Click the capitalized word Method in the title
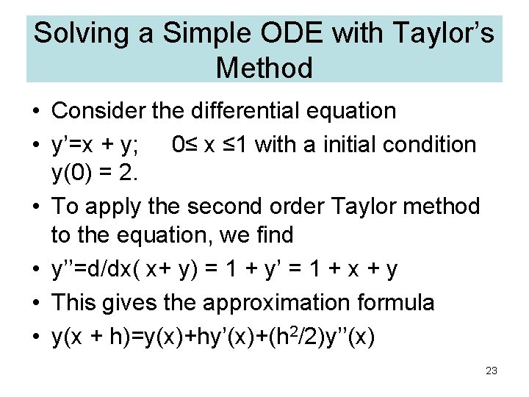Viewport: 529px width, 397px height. click(264, 68)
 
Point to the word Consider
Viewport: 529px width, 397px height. click(98, 111)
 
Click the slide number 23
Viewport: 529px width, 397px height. click(492, 371)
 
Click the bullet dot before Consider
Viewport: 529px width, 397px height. click(36, 112)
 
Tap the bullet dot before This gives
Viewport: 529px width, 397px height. click(36, 303)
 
